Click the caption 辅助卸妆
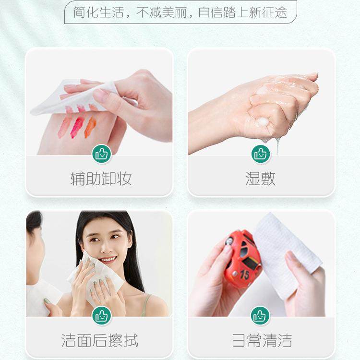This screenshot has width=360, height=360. tap(101, 179)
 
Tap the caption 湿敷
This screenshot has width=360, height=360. tap(260, 179)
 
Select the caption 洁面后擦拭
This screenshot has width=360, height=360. tap(100, 340)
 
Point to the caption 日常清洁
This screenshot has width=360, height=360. tap(262, 340)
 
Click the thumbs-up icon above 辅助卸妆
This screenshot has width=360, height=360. tap(101, 154)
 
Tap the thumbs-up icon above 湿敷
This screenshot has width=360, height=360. tap(261, 154)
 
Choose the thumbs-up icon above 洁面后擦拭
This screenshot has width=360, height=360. tap(101, 315)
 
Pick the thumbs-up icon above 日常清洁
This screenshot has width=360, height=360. tap(261, 315)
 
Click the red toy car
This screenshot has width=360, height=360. tap(243, 259)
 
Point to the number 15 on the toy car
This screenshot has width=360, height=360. tap(244, 274)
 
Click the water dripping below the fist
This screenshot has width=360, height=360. tap(278, 144)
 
